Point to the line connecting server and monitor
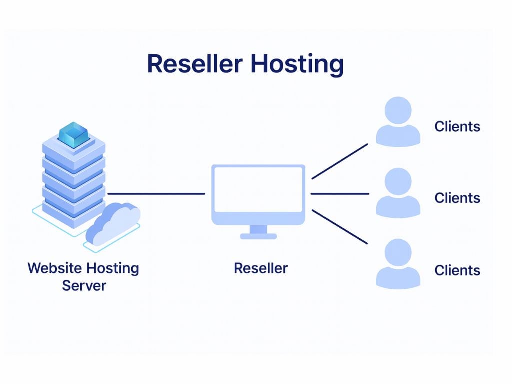pyautogui.click(x=156, y=193)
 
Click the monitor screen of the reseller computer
pyautogui.click(x=259, y=189)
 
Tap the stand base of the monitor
pyautogui.click(x=258, y=236)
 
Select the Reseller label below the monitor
pyautogui.click(x=261, y=268)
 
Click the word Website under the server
pyautogui.click(x=54, y=268)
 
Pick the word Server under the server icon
pyautogui.click(x=84, y=286)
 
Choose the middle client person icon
pyautogui.click(x=398, y=194)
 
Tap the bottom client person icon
pyautogui.click(x=398, y=265)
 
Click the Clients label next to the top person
pyautogui.click(x=457, y=126)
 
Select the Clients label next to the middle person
pyautogui.click(x=457, y=198)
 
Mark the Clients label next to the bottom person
pyautogui.click(x=457, y=270)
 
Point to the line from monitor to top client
pyautogui.click(x=340, y=161)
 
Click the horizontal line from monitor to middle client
pyautogui.click(x=340, y=193)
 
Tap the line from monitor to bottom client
pyautogui.click(x=340, y=227)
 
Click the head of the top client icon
pyautogui.click(x=398, y=110)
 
